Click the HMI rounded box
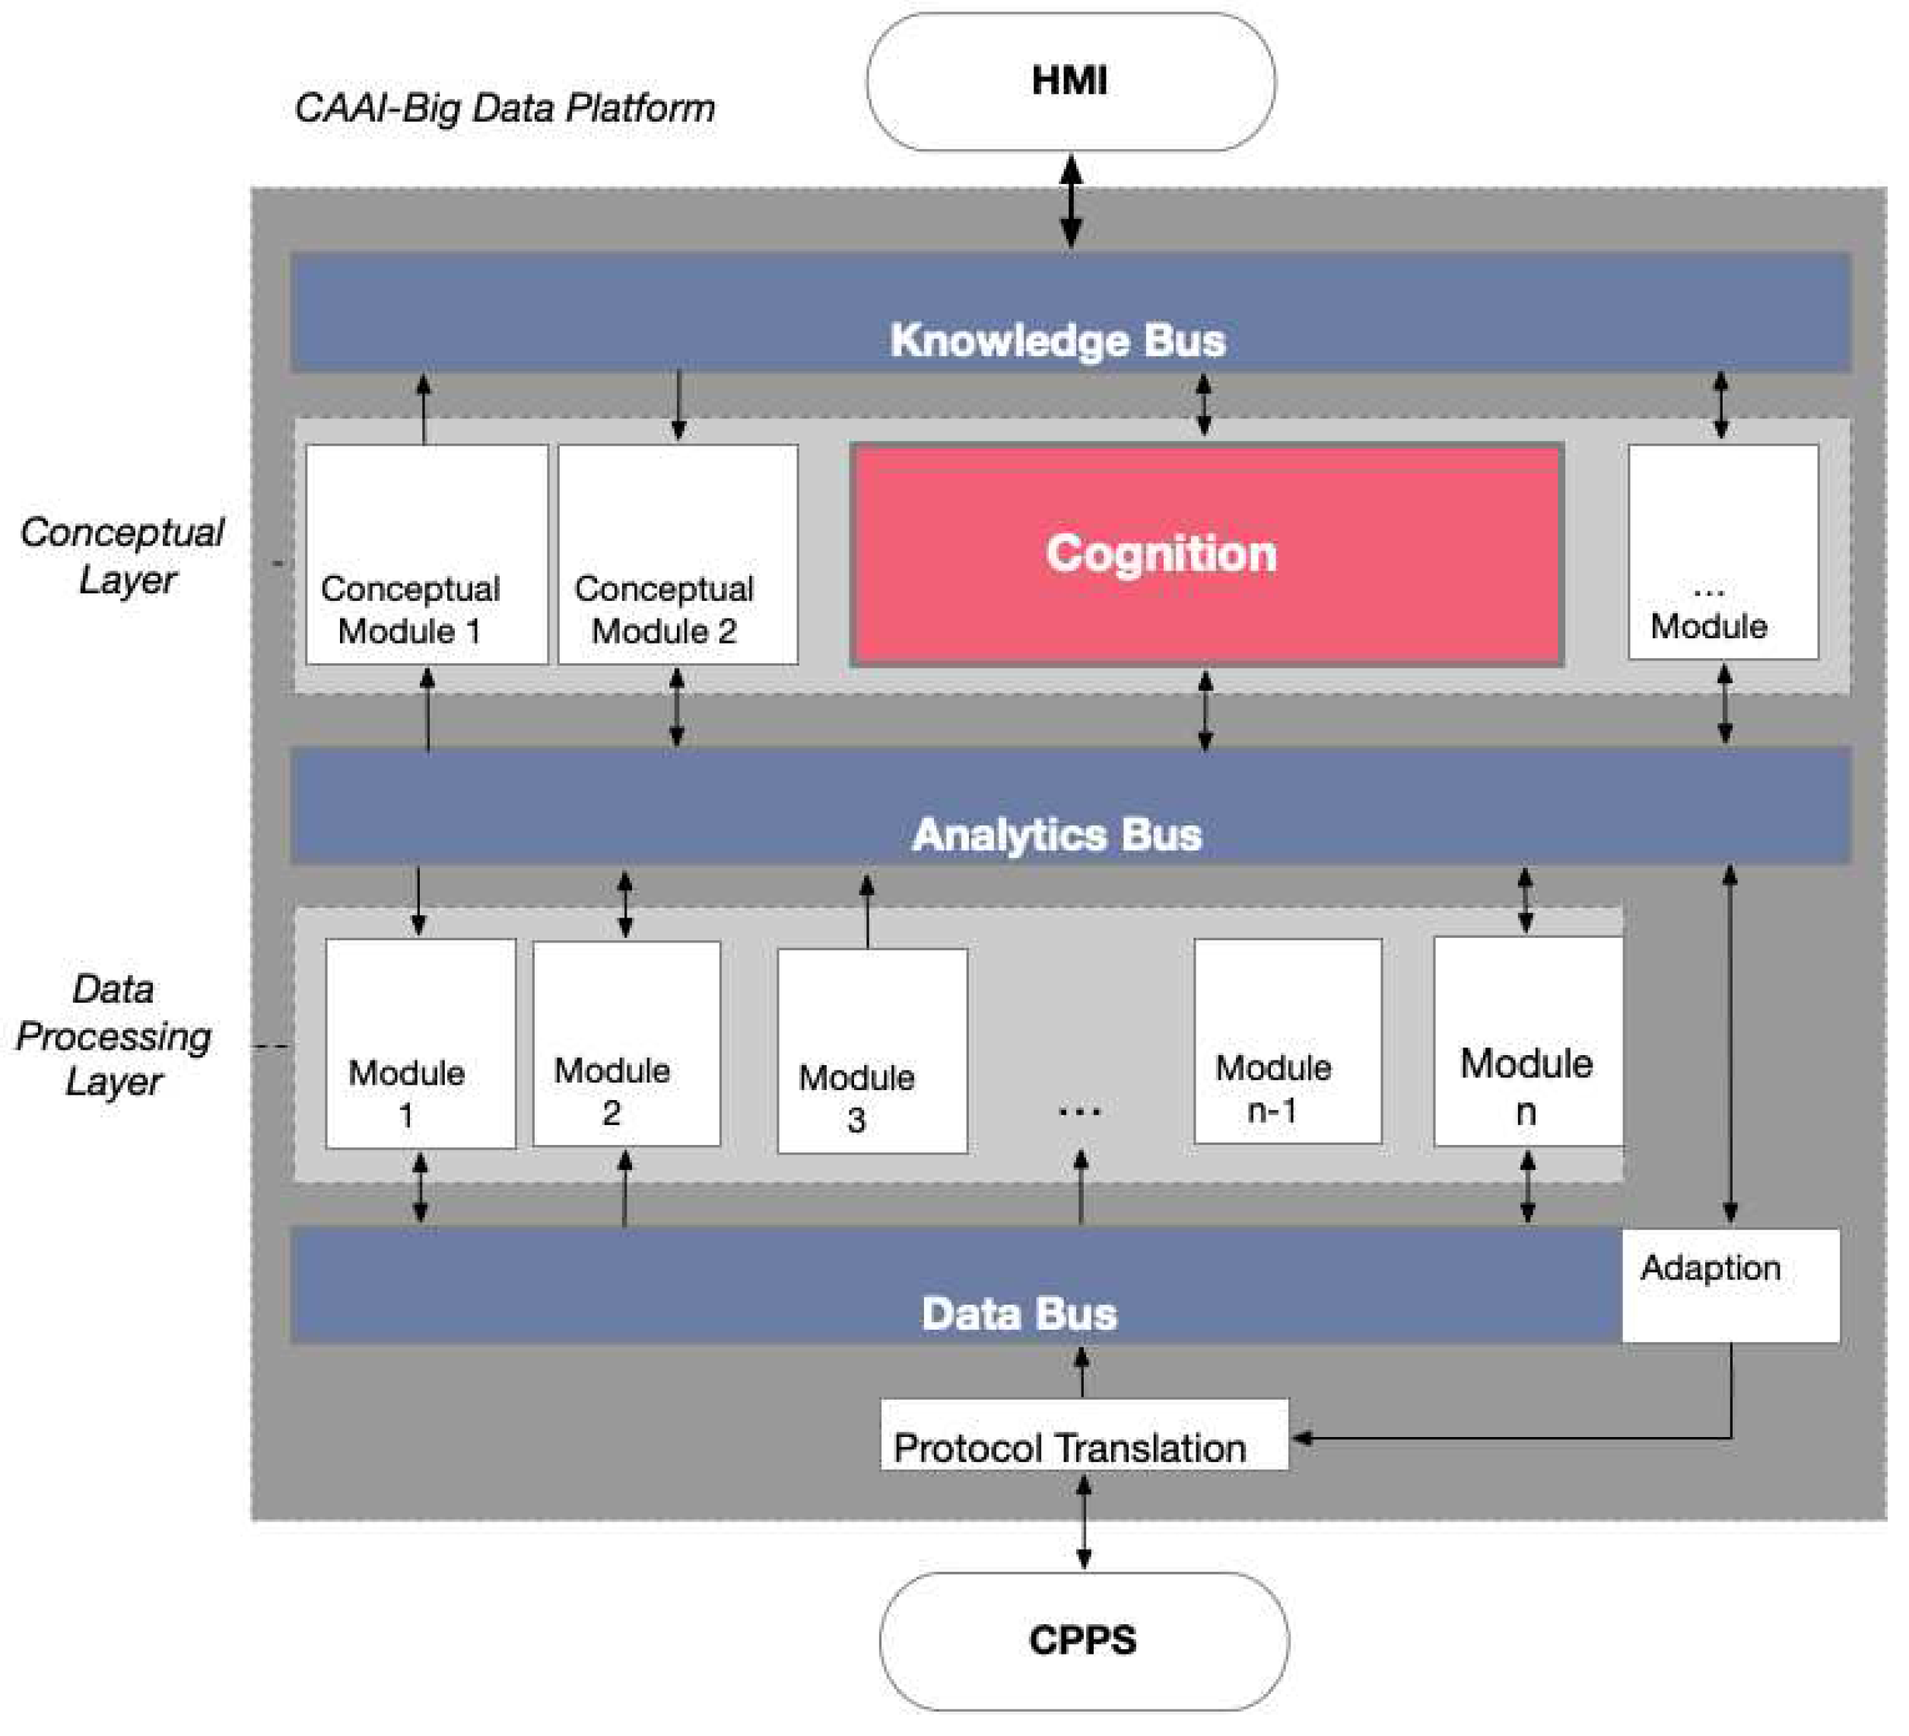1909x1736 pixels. tap(1071, 81)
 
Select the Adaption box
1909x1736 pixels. tap(1731, 1285)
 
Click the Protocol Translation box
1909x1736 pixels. tap(1085, 1435)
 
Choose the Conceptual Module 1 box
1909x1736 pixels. tap(427, 554)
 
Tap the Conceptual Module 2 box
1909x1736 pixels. tap(678, 554)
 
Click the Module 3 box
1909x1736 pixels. tap(872, 1051)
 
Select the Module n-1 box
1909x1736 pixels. tap(1288, 1041)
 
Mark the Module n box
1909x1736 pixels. tap(1528, 1041)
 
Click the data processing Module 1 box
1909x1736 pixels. tap(421, 1044)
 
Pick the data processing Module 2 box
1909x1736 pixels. tap(626, 1044)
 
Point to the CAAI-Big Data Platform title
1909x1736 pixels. tap(505, 108)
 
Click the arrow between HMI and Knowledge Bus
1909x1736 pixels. tap(1071, 202)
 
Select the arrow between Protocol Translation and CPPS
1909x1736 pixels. tap(1085, 1522)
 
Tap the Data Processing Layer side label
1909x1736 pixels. tap(113, 1035)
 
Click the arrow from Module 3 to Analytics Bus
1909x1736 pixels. tap(866, 911)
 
